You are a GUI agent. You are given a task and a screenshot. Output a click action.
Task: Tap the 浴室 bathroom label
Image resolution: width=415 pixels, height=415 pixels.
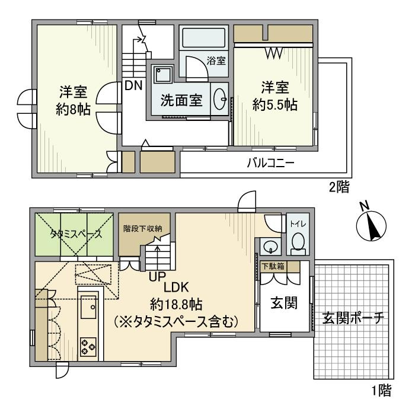click(x=216, y=60)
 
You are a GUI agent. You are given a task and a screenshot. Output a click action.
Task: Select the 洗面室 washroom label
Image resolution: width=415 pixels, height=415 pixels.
click(x=181, y=100)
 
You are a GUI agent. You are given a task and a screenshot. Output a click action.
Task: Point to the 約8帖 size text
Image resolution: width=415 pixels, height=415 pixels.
click(x=74, y=110)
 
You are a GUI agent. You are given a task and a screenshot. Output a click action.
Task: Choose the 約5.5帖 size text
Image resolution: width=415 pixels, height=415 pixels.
click(x=273, y=105)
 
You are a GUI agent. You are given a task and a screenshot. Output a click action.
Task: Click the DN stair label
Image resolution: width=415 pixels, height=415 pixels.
click(x=133, y=85)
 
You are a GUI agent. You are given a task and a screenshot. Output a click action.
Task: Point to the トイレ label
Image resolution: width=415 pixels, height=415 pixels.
click(x=295, y=225)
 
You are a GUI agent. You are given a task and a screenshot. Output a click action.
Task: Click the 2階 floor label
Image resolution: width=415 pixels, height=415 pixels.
click(x=339, y=189)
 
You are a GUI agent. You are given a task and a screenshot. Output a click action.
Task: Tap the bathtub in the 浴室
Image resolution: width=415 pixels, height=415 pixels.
click(x=203, y=40)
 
